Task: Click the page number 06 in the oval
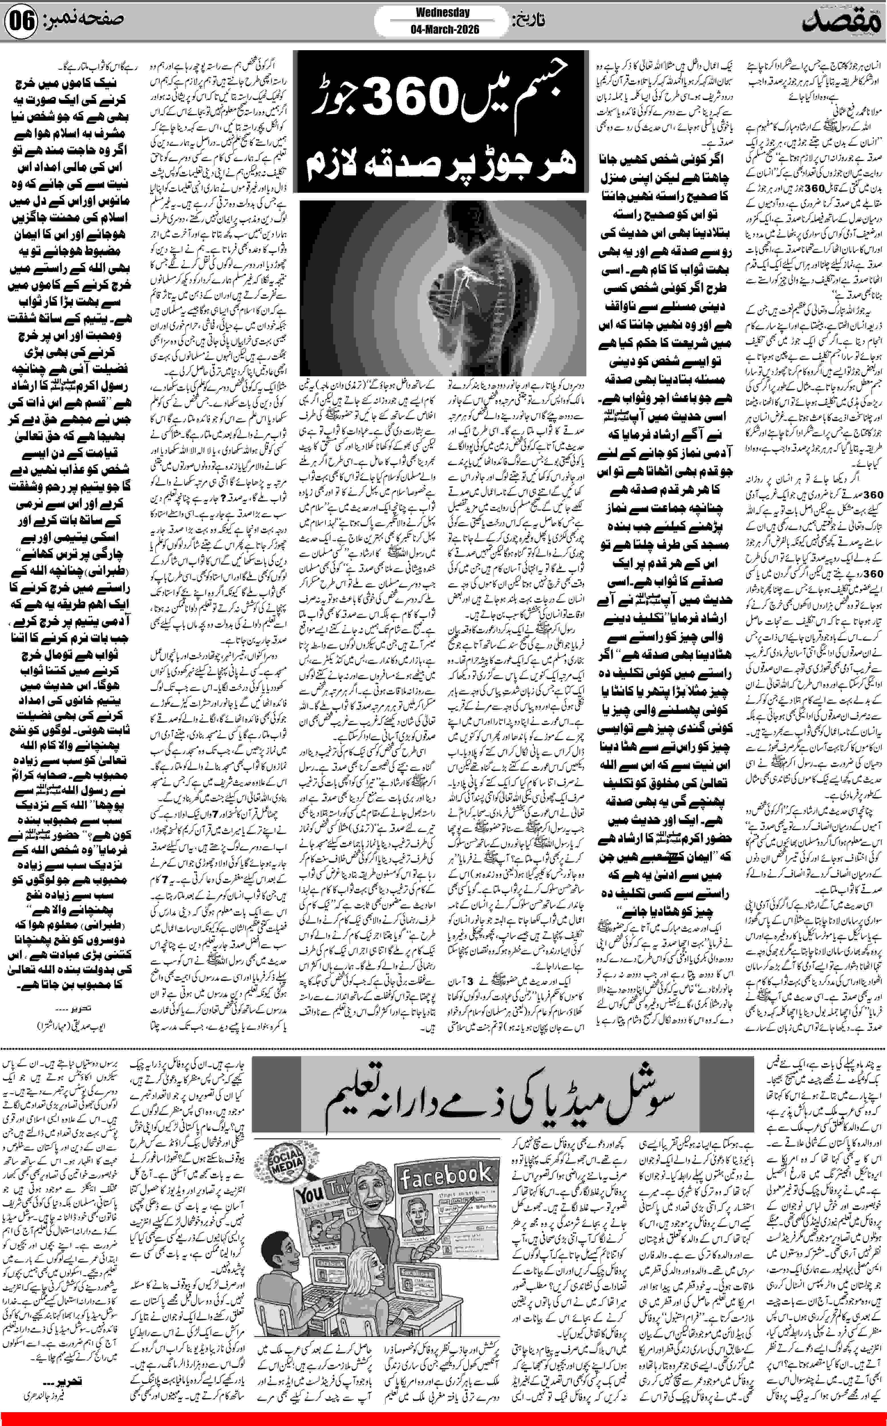pos(22,23)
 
